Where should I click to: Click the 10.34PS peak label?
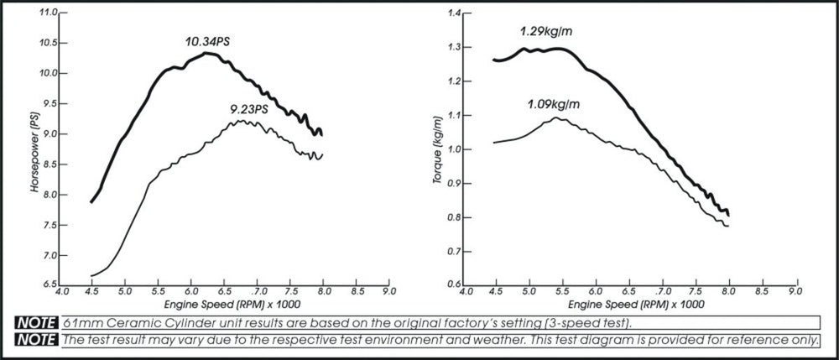coord(207,41)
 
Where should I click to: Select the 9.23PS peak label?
coord(248,108)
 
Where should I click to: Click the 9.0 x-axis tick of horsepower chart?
coord(388,294)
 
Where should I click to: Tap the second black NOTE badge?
coord(35,340)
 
